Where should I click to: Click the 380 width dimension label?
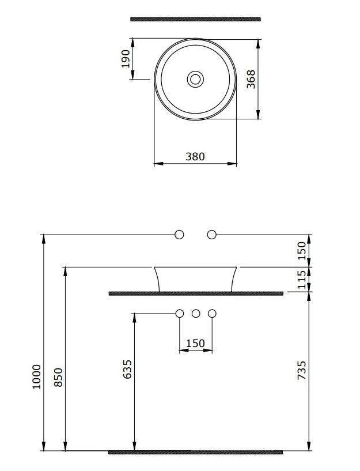click(195, 156)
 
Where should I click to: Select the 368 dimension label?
click(251, 80)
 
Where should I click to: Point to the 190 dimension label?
click(126, 59)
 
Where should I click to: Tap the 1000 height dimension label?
click(36, 376)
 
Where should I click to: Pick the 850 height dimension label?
click(58, 377)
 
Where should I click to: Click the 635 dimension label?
click(127, 369)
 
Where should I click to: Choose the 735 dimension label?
click(301, 370)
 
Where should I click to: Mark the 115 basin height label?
click(301, 280)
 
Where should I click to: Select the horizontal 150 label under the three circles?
click(195, 343)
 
